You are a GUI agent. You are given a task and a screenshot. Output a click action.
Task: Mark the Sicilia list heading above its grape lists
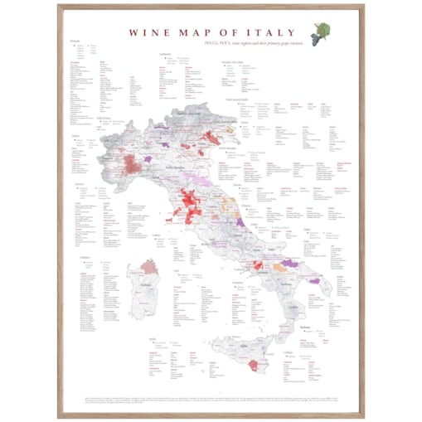[153, 340]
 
